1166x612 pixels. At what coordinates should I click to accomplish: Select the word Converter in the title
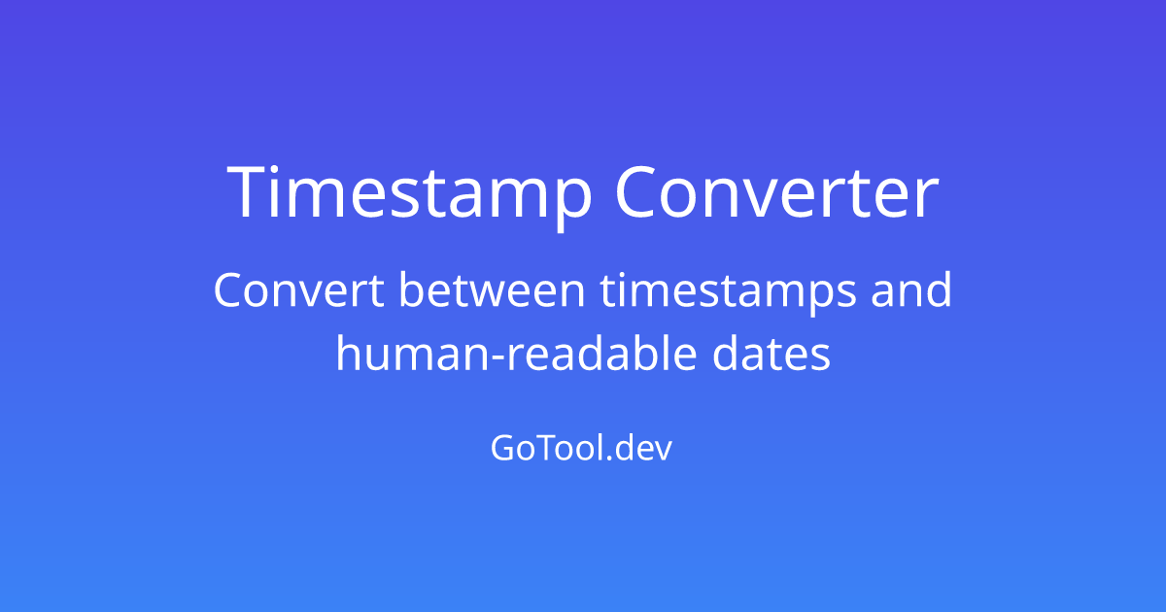777,191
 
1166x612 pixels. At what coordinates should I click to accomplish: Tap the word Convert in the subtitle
299,289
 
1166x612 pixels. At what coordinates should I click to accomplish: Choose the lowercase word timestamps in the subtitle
728,293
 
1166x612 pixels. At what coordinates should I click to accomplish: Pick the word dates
771,353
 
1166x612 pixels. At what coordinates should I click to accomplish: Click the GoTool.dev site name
581,448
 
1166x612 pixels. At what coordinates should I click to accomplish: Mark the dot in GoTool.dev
607,459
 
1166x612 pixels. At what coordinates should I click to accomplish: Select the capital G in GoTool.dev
503,448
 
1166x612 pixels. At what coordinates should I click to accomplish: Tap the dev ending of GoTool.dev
643,448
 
